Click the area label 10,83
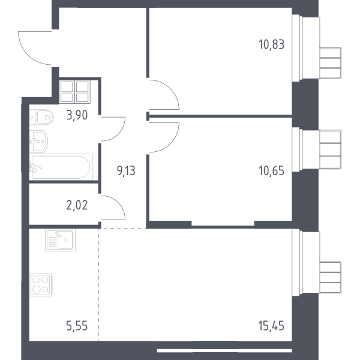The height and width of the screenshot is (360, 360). pos(271,44)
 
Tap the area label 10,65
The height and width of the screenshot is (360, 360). pos(271,171)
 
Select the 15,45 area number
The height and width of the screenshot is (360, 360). pos(271,326)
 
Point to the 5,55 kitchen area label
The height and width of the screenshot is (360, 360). pos(77,326)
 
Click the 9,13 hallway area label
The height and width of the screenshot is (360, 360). pos(126,171)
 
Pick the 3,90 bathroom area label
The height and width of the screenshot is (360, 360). pos(77,115)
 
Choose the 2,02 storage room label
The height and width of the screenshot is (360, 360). pos(77,205)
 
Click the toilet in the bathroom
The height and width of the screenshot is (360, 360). pos(41,117)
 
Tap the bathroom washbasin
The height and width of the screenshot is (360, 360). pos(38,142)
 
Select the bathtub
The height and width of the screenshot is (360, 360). pos(61,167)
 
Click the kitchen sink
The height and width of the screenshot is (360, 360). pos(60,240)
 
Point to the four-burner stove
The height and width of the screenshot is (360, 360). pos(41,284)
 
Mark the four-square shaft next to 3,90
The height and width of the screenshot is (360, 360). pos(74,92)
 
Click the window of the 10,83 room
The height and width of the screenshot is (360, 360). pos(316,48)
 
